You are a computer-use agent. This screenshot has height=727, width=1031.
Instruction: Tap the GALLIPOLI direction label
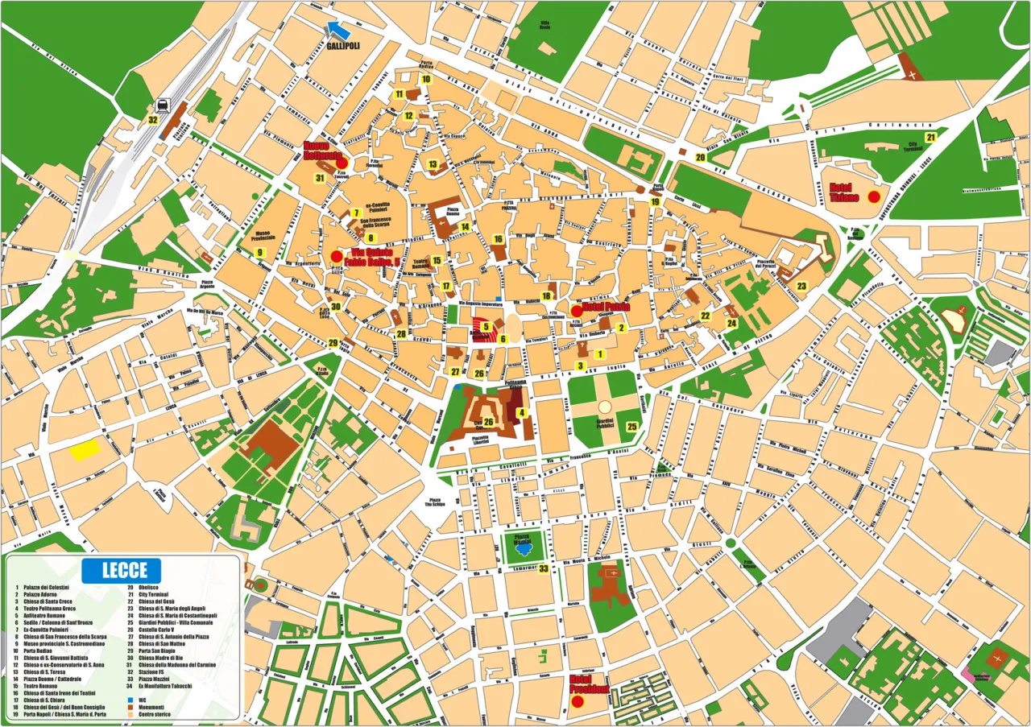point(343,46)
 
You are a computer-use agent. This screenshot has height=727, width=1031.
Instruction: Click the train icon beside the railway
point(164,105)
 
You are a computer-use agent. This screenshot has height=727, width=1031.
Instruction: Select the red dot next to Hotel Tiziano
point(874,197)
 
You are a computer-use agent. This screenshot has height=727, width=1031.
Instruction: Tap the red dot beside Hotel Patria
point(577,311)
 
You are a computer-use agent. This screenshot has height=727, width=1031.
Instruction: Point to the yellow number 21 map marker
point(930,138)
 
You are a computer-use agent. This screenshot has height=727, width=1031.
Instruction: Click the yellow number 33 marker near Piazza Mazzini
point(544,568)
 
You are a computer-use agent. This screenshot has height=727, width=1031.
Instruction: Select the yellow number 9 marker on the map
point(259,253)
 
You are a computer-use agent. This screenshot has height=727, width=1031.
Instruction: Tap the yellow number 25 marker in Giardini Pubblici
point(631,427)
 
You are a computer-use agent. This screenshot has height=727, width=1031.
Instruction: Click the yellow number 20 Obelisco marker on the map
point(700,158)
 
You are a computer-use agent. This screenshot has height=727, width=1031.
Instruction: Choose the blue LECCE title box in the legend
point(121,571)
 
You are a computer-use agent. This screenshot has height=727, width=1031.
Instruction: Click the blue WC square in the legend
point(130,700)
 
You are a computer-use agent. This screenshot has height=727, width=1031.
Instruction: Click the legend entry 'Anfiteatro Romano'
point(43,615)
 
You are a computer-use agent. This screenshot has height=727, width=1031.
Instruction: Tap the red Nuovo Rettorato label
point(322,151)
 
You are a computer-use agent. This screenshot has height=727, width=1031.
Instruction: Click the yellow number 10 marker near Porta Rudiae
point(426,80)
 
